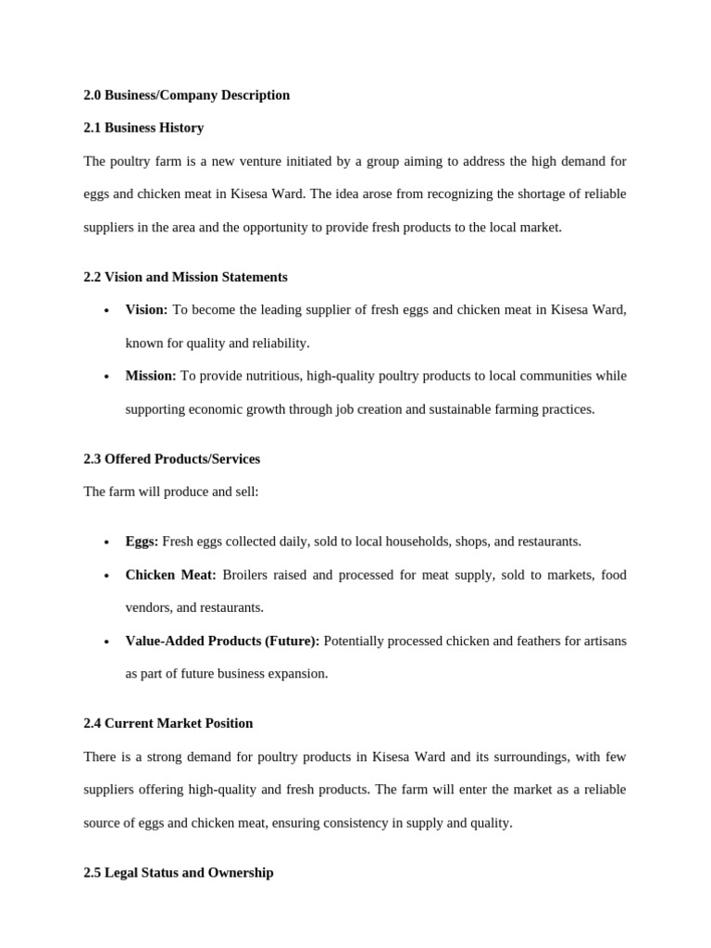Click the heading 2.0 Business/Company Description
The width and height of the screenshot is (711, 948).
point(186,95)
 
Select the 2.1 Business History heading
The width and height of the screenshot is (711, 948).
point(143,128)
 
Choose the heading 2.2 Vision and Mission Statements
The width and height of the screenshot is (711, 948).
point(185,277)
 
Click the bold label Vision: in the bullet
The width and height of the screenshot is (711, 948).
point(146,309)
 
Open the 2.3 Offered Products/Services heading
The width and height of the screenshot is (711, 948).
point(171,459)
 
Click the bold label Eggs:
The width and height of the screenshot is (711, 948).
point(142,542)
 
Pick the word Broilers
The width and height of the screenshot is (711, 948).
point(245,575)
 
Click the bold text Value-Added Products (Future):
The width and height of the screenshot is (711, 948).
point(222,641)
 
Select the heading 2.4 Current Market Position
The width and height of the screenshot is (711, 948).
point(168,723)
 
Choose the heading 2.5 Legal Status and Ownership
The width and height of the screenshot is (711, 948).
point(178,873)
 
